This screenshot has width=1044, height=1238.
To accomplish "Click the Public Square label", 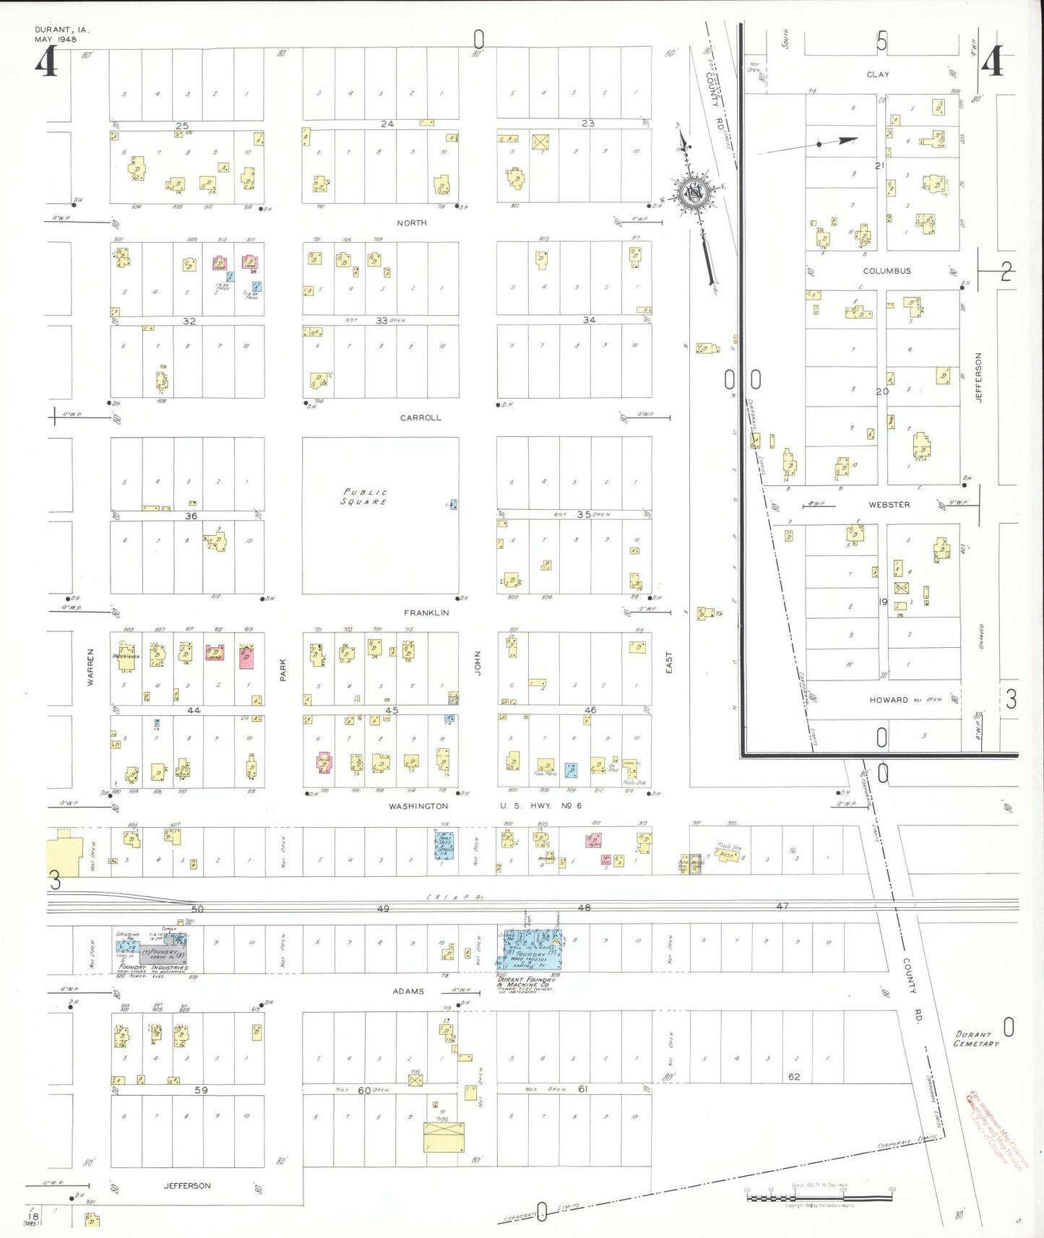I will point(364,497).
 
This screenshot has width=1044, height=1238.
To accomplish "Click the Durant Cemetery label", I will point(976,1039).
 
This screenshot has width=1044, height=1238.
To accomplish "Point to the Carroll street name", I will point(420,417).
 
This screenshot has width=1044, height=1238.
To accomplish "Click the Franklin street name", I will point(426,612).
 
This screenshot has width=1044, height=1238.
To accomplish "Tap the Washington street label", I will point(418,806).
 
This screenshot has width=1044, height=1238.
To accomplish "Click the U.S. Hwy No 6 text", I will point(540,805).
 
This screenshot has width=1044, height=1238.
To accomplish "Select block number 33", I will point(381,320).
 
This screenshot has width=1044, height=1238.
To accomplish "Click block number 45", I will point(392,711).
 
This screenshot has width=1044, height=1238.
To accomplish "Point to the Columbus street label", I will point(886,271).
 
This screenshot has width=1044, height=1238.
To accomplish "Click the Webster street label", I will point(889,505).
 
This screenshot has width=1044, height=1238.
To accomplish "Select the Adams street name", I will point(408,991).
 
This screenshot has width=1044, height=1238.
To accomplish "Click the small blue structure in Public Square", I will point(453,504).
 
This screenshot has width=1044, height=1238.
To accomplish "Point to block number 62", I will point(794,1076).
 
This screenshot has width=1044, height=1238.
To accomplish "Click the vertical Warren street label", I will point(91,667).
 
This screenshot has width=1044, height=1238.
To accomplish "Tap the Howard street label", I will point(889,700).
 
